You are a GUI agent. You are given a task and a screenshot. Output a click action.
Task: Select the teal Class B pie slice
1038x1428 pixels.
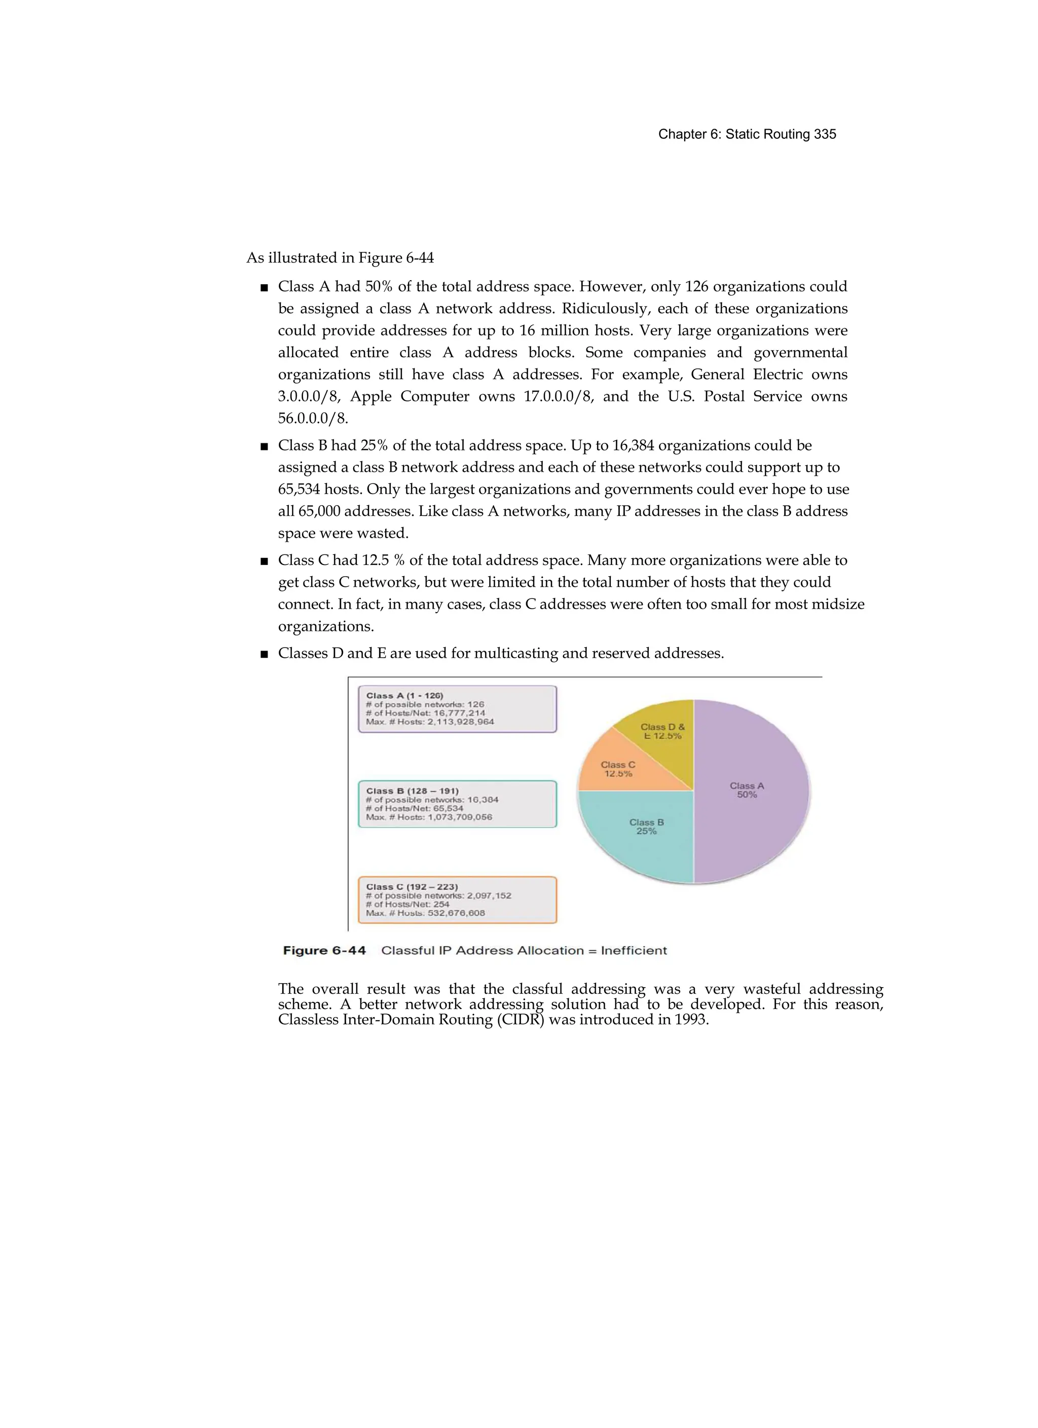coord(646,831)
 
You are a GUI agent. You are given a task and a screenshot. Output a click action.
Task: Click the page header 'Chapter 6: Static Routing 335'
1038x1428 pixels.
coord(747,134)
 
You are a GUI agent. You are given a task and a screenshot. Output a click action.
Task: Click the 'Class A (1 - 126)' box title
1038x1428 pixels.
coord(404,696)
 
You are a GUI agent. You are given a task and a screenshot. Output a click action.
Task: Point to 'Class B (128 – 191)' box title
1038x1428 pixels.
coord(412,791)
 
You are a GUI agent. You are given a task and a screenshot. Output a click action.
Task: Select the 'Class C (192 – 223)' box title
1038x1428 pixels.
coord(412,886)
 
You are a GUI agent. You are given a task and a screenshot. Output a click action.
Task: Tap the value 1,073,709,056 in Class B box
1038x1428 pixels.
coord(460,817)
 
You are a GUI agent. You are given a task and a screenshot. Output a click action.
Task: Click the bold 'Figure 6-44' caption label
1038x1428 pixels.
coord(324,951)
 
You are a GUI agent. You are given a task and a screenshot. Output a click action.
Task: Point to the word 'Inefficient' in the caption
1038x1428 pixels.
coord(634,951)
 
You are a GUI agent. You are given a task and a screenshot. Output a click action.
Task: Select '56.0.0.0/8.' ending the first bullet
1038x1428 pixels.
coord(313,419)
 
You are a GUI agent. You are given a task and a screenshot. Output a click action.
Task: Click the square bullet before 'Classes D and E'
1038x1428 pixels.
coord(264,654)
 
